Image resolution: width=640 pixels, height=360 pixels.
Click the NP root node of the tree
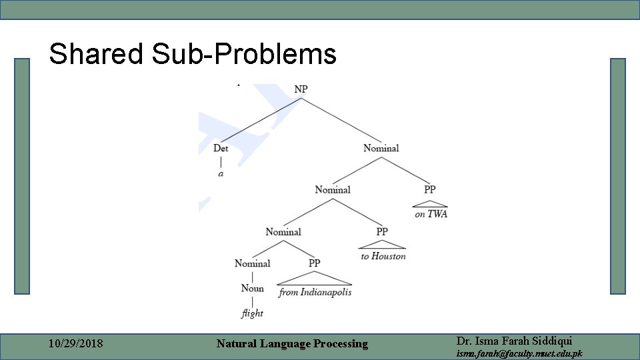(301, 89)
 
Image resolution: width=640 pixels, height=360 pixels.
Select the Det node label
(221, 148)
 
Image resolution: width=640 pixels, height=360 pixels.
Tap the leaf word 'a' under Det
(221, 174)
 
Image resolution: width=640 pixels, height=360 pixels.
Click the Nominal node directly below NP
(381, 148)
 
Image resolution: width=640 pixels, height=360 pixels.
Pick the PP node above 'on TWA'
(430, 190)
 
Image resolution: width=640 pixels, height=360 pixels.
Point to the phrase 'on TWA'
(431, 214)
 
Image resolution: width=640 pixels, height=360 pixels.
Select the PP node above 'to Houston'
(382, 232)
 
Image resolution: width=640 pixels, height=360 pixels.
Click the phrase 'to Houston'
(383, 256)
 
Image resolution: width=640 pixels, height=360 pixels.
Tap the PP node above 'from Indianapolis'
(315, 263)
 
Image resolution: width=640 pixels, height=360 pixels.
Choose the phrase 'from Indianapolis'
(315, 292)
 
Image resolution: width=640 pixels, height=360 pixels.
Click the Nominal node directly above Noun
(252, 263)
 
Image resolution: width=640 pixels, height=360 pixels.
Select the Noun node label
(252, 288)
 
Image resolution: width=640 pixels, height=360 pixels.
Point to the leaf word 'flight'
(252, 313)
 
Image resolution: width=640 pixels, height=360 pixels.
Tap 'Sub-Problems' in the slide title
(244, 54)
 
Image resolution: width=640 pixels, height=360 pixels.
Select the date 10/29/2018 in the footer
(76, 344)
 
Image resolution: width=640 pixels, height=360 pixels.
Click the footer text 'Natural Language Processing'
(292, 344)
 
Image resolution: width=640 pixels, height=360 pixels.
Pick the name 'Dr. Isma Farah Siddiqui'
(513, 340)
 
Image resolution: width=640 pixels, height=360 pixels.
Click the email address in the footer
(519, 353)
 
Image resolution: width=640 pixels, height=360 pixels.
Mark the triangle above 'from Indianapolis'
(315, 279)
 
